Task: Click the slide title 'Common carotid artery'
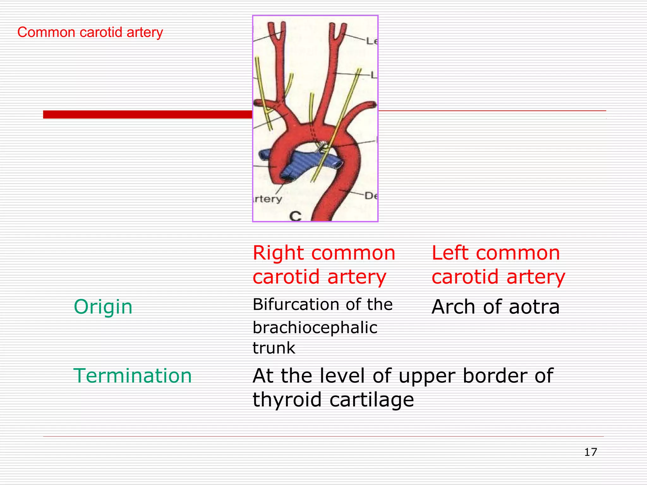90,33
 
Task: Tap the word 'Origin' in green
103,307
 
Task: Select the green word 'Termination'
133,376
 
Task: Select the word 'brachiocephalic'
315,328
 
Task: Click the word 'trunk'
274,348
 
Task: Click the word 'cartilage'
372,400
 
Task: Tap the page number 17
590,452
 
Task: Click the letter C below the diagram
295,216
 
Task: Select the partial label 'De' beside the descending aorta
371,196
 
